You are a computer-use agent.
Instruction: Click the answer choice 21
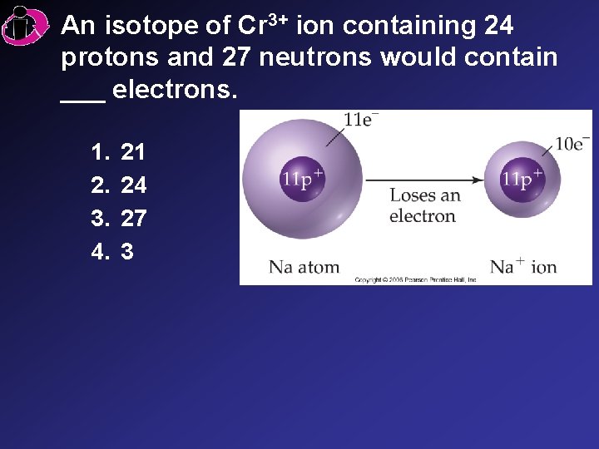click(x=133, y=151)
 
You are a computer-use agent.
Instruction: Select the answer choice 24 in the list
click(x=133, y=185)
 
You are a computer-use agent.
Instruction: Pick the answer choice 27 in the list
click(x=133, y=218)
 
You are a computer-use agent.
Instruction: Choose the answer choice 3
click(x=127, y=251)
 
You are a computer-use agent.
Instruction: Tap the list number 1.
click(x=101, y=151)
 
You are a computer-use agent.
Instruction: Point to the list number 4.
click(x=101, y=251)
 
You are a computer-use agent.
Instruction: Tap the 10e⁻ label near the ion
click(x=572, y=143)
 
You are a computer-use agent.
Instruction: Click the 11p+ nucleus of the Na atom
click(x=302, y=179)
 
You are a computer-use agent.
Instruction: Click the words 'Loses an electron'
click(x=423, y=206)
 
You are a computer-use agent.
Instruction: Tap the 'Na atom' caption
click(x=304, y=267)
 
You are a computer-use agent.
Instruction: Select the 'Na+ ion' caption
click(x=522, y=267)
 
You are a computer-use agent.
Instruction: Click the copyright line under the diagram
click(x=415, y=280)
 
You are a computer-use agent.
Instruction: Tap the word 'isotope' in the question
click(x=153, y=26)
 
